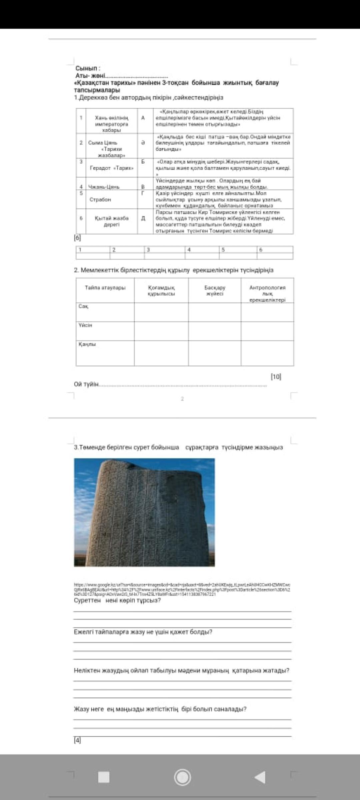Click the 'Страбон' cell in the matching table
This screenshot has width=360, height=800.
tap(100, 199)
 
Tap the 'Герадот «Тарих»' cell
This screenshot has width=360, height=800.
tap(112, 168)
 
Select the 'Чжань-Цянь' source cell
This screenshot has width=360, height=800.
tap(104, 187)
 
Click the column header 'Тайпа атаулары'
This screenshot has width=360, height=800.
tap(105, 287)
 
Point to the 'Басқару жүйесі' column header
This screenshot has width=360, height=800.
tap(215, 290)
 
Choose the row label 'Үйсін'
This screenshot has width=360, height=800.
tap(85, 325)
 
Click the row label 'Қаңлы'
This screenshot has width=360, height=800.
tap(87, 344)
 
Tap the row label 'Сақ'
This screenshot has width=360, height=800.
tap(83, 306)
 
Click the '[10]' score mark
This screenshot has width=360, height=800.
tap(276, 376)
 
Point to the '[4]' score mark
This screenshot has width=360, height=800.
tap(77, 740)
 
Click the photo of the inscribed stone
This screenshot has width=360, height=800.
tap(144, 512)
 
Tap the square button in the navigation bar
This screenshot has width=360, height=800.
tap(104, 777)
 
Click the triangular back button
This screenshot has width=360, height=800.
tap(260, 777)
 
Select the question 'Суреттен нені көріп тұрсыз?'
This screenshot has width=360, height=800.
tap(117, 600)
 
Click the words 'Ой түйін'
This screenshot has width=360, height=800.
tap(86, 384)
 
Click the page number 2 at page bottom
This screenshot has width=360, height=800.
tap(182, 399)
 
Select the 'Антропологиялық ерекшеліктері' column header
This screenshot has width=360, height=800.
tap(267, 293)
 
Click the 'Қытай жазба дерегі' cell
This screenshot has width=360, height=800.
tap(111, 221)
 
